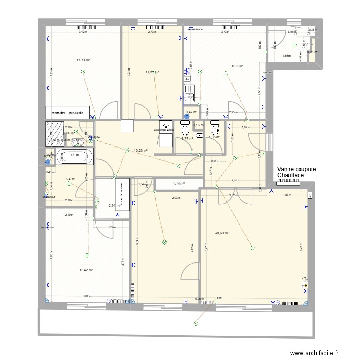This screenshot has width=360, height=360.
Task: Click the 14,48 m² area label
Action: coord(84,60)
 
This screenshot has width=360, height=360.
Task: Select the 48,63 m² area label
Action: coord(222,234)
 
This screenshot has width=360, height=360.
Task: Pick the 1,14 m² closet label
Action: coord(179,183)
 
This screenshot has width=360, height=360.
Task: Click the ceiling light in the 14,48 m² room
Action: coord(84,72)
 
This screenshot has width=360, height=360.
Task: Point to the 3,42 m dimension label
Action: coord(83,32)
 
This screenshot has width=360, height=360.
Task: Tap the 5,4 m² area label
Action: coord(71,179)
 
